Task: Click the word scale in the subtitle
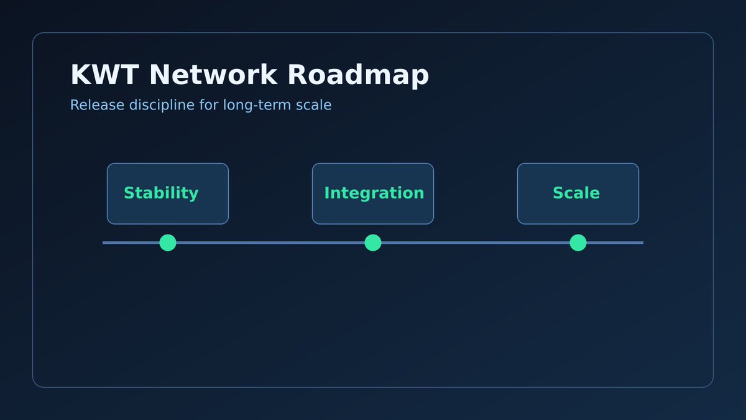pos(314,105)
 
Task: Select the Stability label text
pos(161,194)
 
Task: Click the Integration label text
pos(374,194)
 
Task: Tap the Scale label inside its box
pos(576,194)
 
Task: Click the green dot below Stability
pos(168,243)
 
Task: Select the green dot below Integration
pos(373,243)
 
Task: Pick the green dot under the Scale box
pos(578,243)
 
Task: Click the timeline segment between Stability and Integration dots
pos(270,243)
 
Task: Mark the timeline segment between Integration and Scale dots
pos(476,243)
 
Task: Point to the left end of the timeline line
pos(104,243)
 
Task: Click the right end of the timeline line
pos(641,243)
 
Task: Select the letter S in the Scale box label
pos(558,194)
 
